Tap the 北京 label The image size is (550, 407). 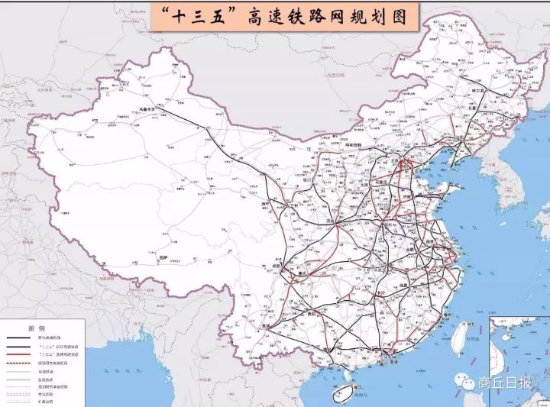(396, 162)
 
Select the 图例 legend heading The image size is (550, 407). (36, 328)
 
